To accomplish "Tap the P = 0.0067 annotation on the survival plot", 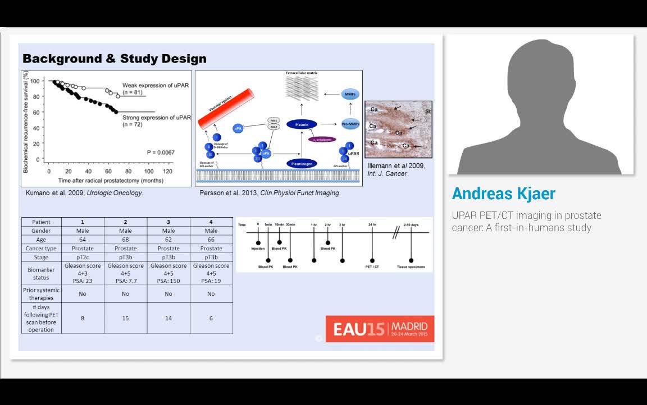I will (x=161, y=152).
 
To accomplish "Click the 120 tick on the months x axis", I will (x=167, y=171).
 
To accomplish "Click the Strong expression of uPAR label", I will (x=157, y=118).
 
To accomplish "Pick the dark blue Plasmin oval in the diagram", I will (x=302, y=124).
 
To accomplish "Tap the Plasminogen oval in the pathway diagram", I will (x=302, y=164).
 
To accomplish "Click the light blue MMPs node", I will (x=350, y=94).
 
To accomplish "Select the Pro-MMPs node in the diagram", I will (x=350, y=124).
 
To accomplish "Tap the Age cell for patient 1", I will (x=83, y=240).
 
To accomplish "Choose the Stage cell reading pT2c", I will (x=83, y=257).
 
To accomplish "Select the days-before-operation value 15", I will (x=125, y=318).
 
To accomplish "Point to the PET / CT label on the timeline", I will (x=372, y=267).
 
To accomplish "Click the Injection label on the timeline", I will (x=258, y=249).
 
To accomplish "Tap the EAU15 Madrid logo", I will (x=380, y=328).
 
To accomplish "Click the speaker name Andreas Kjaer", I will (x=503, y=193).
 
